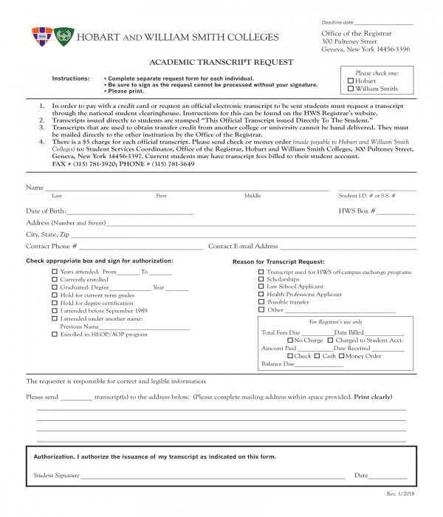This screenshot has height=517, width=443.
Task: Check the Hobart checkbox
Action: (x=351, y=81)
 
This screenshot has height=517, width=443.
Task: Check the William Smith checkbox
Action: (x=351, y=89)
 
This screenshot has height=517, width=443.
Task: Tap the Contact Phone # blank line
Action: (x=140, y=247)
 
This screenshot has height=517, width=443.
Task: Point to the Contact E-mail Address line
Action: (x=347, y=247)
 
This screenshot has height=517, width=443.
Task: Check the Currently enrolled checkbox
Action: (x=55, y=281)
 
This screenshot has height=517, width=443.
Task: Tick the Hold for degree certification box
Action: (x=55, y=304)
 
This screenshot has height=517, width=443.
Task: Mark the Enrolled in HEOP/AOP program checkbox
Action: (x=55, y=335)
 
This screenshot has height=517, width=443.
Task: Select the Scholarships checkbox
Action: (x=261, y=280)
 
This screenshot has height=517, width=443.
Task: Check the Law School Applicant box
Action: (x=261, y=287)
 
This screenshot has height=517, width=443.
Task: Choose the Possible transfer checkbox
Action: (x=261, y=302)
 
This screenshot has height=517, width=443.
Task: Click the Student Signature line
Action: (x=214, y=476)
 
